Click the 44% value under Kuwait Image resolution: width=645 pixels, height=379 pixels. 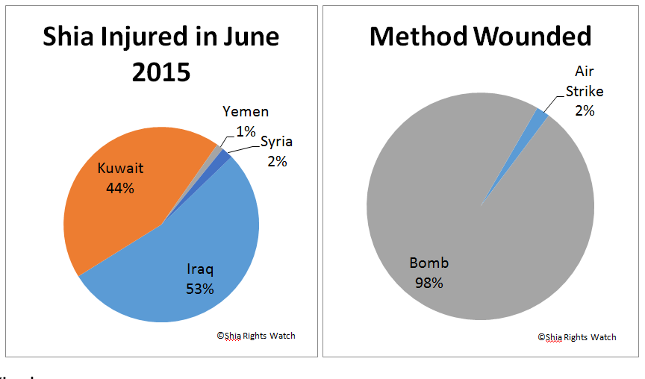click(119, 189)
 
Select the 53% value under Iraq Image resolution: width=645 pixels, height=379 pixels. click(200, 289)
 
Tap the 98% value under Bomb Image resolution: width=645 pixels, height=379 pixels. click(429, 283)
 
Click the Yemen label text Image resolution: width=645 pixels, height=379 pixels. click(246, 112)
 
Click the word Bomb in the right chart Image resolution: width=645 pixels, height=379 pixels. click(429, 263)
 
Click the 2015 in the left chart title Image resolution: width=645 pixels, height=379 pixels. click(161, 72)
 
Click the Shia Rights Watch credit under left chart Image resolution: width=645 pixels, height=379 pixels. click(256, 336)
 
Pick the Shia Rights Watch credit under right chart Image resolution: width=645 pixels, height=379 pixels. click(577, 337)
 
